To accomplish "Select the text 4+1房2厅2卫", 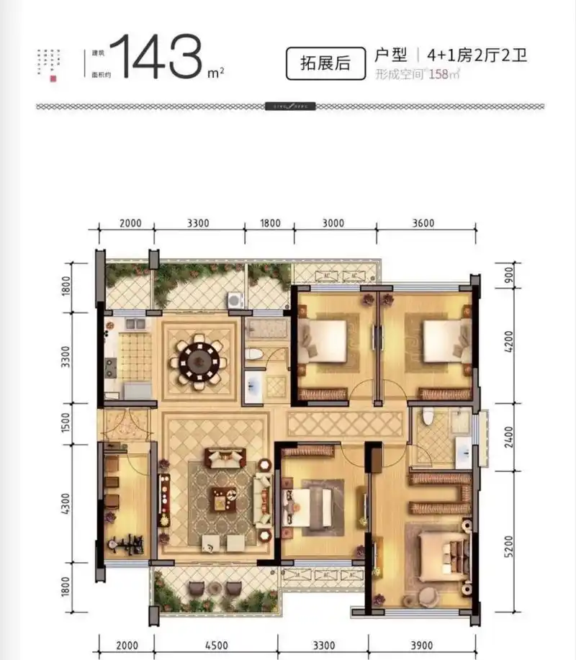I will click(476, 55).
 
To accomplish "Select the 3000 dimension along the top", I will click(333, 223).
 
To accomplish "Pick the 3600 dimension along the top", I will click(423, 223).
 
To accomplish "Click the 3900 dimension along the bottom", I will click(423, 645).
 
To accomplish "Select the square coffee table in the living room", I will click(221, 497).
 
